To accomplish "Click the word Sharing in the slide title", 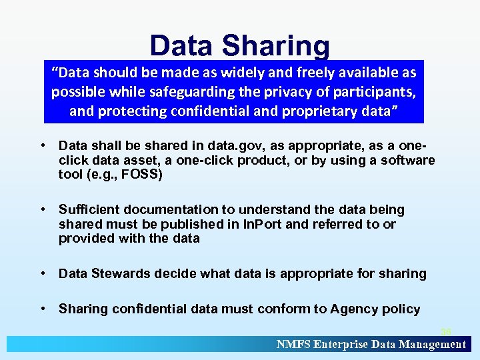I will coord(277,46).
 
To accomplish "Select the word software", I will coord(403,160).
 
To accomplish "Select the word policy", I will coord(401,309).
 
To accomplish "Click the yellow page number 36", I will coord(445,331).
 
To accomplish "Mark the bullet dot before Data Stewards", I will coord(42,273).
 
